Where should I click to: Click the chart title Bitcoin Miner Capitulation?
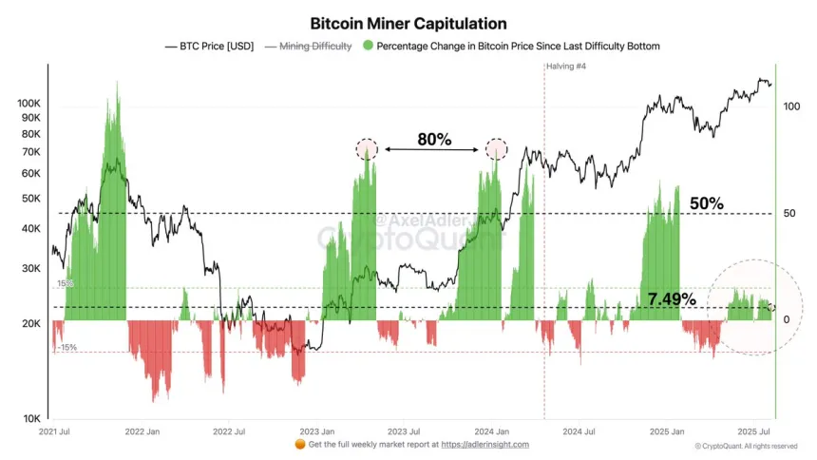pyautogui.click(x=408, y=23)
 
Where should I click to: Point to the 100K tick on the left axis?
pyautogui.click(x=28, y=103)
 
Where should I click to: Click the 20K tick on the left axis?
pyautogui.click(x=32, y=324)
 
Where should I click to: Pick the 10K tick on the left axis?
pyautogui.click(x=32, y=419)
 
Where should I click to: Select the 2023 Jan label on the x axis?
pyautogui.click(x=315, y=431)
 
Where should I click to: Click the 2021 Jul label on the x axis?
pyautogui.click(x=53, y=431)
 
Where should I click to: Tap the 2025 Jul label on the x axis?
pyautogui.click(x=753, y=431)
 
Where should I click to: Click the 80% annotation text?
pyautogui.click(x=433, y=140)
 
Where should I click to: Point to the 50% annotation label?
pyautogui.click(x=706, y=203)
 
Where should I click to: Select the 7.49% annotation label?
pyautogui.click(x=672, y=299)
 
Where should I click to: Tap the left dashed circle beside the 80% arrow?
pyautogui.click(x=367, y=149)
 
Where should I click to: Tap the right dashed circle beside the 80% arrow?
pyautogui.click(x=496, y=149)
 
